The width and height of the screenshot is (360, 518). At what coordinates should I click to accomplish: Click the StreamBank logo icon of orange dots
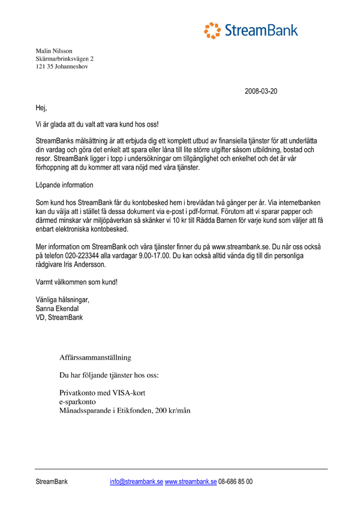tap(212, 30)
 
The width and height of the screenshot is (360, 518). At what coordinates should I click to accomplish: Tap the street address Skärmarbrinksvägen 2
tap(65, 59)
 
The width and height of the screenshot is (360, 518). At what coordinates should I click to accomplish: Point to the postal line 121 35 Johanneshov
tap(62, 67)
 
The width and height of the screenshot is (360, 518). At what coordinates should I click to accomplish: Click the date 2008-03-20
tap(261, 92)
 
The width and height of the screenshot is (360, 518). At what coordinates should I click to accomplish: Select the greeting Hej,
tap(41, 109)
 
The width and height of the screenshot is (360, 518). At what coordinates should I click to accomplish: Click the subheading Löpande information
tap(64, 185)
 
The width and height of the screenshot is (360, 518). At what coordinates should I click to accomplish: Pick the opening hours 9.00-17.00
tap(165, 255)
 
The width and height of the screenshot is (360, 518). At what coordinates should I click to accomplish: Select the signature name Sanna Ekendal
tap(58, 309)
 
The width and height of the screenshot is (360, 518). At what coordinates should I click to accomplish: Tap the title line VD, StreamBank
tap(59, 317)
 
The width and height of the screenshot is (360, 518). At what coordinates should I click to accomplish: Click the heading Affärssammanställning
tap(95, 358)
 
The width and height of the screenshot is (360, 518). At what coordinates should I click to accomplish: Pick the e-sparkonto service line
tap(79, 402)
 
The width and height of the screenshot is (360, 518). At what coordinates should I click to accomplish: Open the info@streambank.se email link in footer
tap(136, 481)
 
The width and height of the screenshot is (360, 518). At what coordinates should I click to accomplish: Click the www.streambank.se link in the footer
tap(190, 481)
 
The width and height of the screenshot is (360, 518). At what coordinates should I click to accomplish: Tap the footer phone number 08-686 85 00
tap(236, 481)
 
